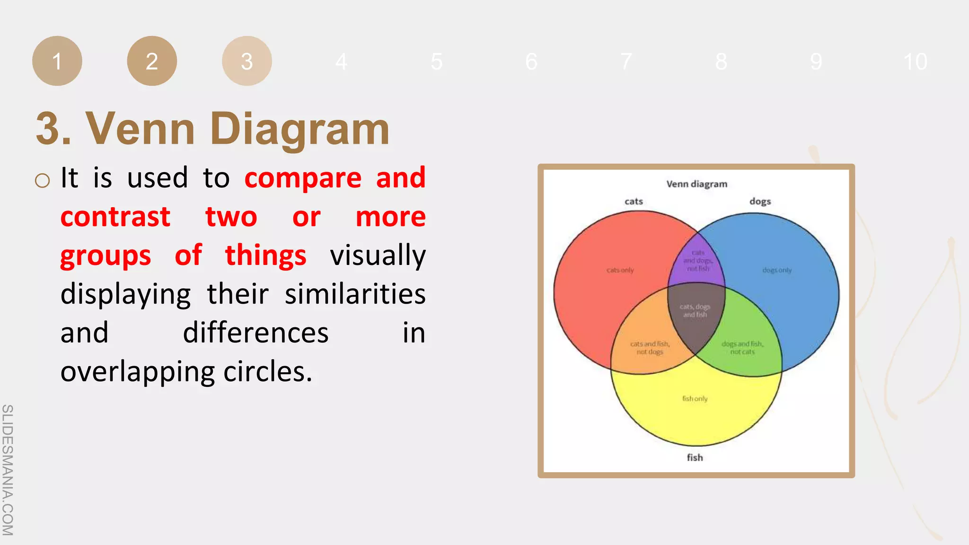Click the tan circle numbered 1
(57, 61)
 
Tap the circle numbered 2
(152, 61)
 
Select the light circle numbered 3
(247, 61)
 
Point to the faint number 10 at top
(915, 62)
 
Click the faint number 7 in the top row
(626, 62)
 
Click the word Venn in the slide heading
(140, 129)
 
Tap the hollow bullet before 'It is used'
(42, 180)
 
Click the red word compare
(303, 178)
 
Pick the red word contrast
(115, 217)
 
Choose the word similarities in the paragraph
(355, 294)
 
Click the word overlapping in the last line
(138, 372)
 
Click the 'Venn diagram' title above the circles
(696, 184)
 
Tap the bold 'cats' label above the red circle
(634, 202)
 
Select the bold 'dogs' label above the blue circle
(760, 202)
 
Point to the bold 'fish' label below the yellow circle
(695, 457)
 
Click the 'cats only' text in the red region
(620, 270)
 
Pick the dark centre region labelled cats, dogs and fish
(695, 311)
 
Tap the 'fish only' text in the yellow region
(695, 399)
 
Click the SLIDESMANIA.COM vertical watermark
(8, 469)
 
